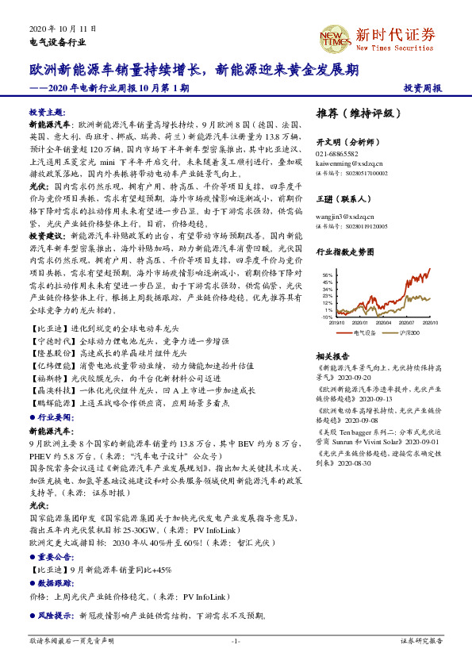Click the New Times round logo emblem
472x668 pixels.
pos(335,37)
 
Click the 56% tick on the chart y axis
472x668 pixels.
pos(328,274)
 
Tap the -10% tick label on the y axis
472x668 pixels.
pos(327,317)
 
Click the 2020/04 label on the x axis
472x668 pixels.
pos(384,323)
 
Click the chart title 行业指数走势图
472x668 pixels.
pos(344,251)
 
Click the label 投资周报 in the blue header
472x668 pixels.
pos(422,88)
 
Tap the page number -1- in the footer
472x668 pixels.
pos(236,640)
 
